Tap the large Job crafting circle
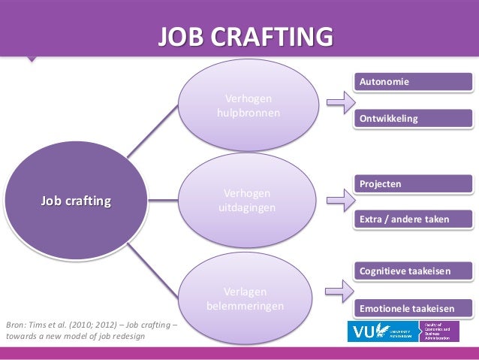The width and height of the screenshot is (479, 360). [75, 201]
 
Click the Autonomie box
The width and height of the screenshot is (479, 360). [414, 81]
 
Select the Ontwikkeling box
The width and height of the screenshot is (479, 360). [414, 119]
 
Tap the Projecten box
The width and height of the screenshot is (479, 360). [414, 183]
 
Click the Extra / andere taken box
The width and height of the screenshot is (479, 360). [414, 220]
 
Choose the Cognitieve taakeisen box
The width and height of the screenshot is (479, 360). [414, 271]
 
